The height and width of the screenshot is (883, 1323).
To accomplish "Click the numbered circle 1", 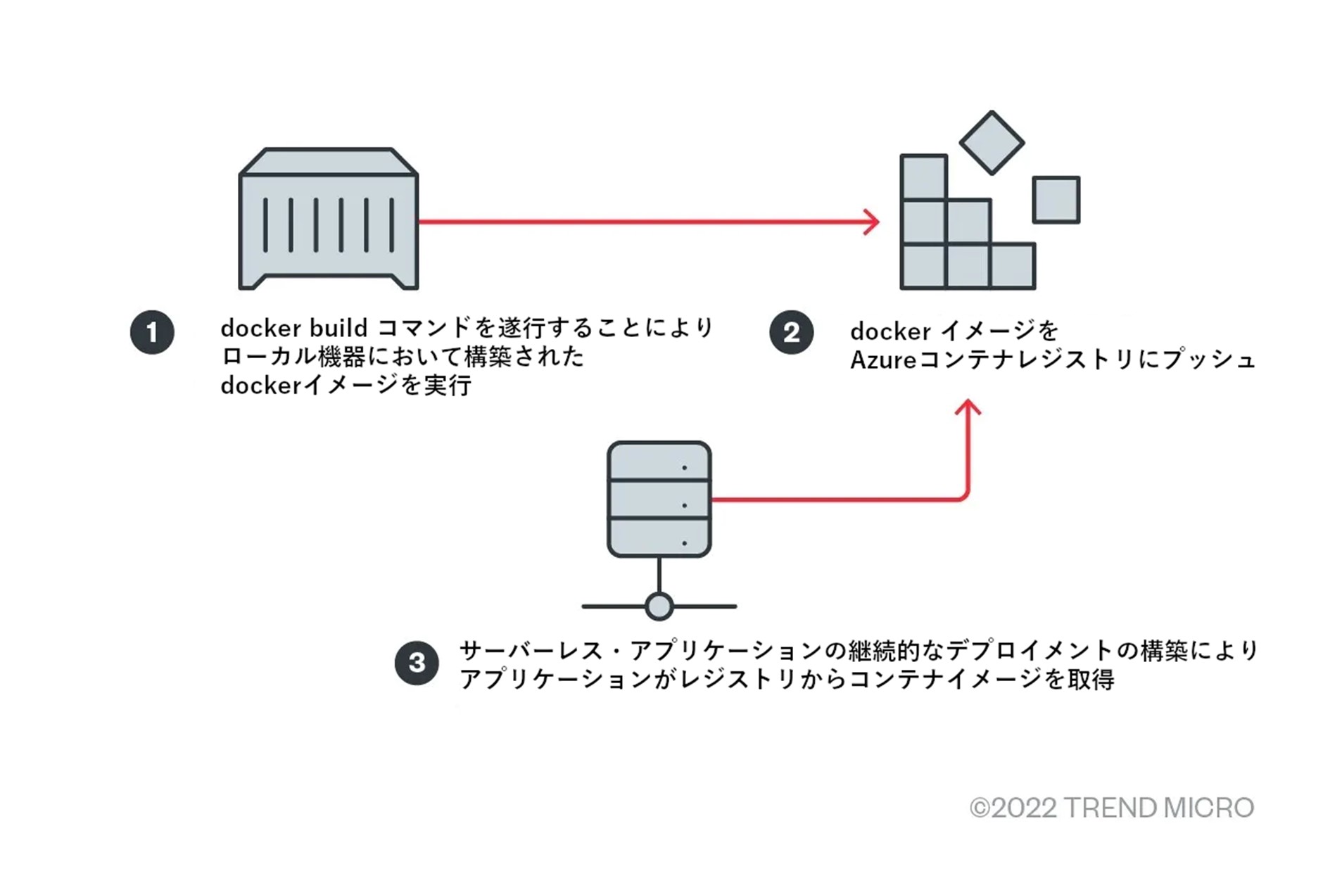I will pos(152,332).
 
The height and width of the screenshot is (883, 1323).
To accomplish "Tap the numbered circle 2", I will pos(791,332).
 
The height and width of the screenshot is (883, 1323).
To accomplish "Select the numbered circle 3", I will pos(417,662).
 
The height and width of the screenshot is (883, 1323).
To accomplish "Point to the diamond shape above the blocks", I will pos(992,143).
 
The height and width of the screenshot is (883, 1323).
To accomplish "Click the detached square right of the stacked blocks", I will pos(1056,200).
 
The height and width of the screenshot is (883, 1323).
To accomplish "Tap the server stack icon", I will pos(659,500).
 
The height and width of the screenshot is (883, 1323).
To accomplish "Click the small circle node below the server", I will pos(659,606).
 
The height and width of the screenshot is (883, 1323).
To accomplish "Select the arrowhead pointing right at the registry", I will pos(873,222).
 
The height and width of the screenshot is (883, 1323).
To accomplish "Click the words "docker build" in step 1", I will pos(294,328).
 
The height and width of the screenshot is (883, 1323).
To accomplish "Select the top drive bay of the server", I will pos(659,462).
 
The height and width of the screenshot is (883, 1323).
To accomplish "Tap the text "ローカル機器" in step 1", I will pos(293,357).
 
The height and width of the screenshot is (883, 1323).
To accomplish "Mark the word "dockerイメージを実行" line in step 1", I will pos(346,386).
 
